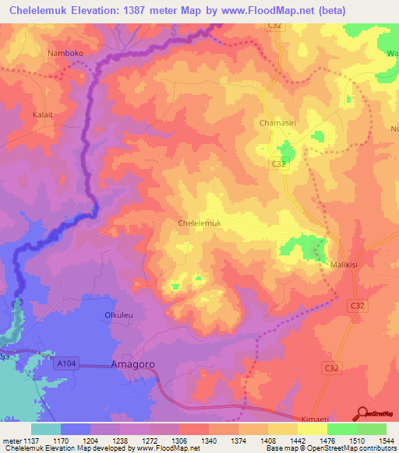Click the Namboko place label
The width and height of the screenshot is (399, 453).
(65, 53)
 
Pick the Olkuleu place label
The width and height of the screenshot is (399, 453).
(121, 315)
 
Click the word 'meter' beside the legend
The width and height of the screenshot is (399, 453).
(11, 441)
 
